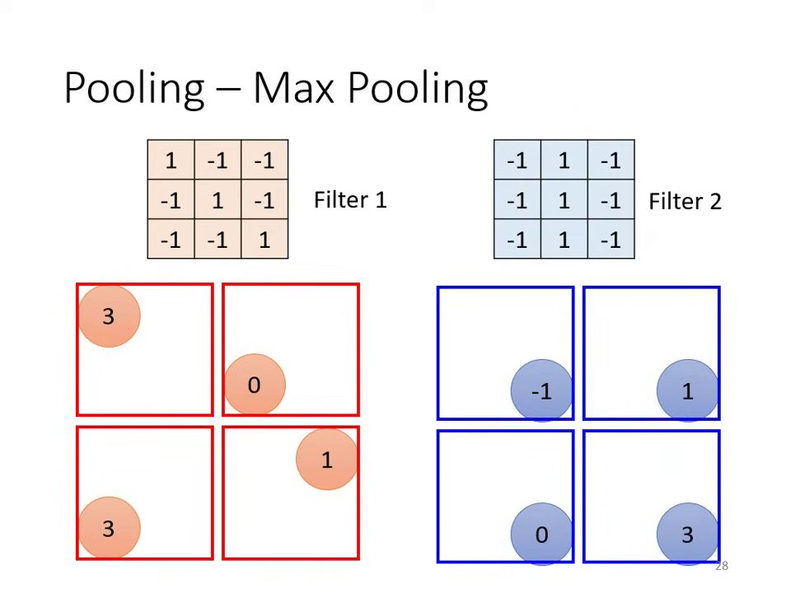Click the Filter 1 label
point(350,200)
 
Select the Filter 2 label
point(685,202)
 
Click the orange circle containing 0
point(255,385)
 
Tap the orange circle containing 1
point(326,460)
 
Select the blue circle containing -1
point(541,392)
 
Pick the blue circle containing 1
point(687,392)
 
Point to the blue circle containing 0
point(541,535)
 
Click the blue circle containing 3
point(687,535)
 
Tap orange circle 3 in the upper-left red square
point(109,316)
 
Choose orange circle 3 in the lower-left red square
point(109,528)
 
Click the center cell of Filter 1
point(218,200)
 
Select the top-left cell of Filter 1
point(171,161)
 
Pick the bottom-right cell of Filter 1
point(264,240)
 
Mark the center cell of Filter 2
point(564,200)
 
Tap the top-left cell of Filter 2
point(517,161)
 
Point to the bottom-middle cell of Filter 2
point(564,240)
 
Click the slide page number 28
point(722,566)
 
